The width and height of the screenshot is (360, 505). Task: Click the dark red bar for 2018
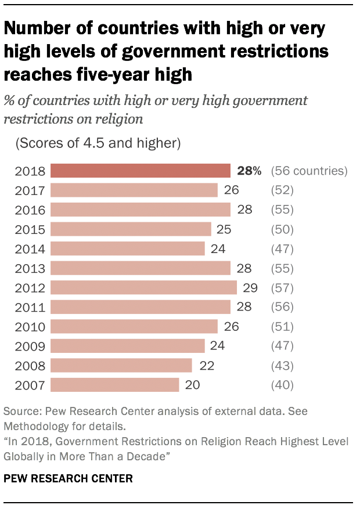(141, 171)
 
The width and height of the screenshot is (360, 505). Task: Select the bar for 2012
(143, 288)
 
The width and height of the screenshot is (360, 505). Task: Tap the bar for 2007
(114, 385)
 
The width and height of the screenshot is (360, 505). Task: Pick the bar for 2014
(128, 248)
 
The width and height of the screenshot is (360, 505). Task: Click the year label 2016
(30, 210)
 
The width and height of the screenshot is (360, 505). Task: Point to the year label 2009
(30, 347)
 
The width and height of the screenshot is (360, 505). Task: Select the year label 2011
(30, 307)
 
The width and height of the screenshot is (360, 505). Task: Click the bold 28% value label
(250, 171)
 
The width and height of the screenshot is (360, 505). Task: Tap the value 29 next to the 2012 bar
(251, 288)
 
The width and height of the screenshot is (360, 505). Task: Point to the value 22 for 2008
(206, 366)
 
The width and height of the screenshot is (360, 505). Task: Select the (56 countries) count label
(309, 171)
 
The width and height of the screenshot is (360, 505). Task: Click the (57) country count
(283, 288)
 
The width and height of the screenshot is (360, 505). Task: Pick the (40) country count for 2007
(283, 385)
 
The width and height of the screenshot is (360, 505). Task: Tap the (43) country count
(283, 366)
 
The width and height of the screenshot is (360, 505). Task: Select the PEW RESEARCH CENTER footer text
(68, 479)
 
